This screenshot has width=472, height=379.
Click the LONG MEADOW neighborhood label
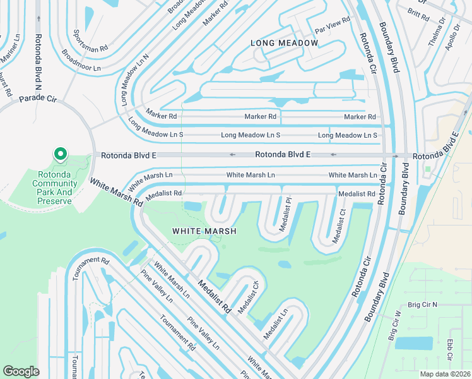[x=285, y=43]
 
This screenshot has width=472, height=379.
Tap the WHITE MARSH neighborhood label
[x=204, y=231]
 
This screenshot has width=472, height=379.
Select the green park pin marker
[x=60, y=154]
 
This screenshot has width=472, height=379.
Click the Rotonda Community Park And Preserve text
[x=57, y=183]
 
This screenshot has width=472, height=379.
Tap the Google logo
[x=21, y=371]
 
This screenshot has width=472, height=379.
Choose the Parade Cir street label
[x=38, y=99]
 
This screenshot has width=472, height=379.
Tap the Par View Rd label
[x=332, y=27]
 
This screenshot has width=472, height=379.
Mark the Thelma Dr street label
[x=436, y=35]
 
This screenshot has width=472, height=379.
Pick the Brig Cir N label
[x=422, y=304]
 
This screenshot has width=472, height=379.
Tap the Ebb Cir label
[x=450, y=349]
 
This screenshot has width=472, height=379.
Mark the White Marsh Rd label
[x=115, y=192]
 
